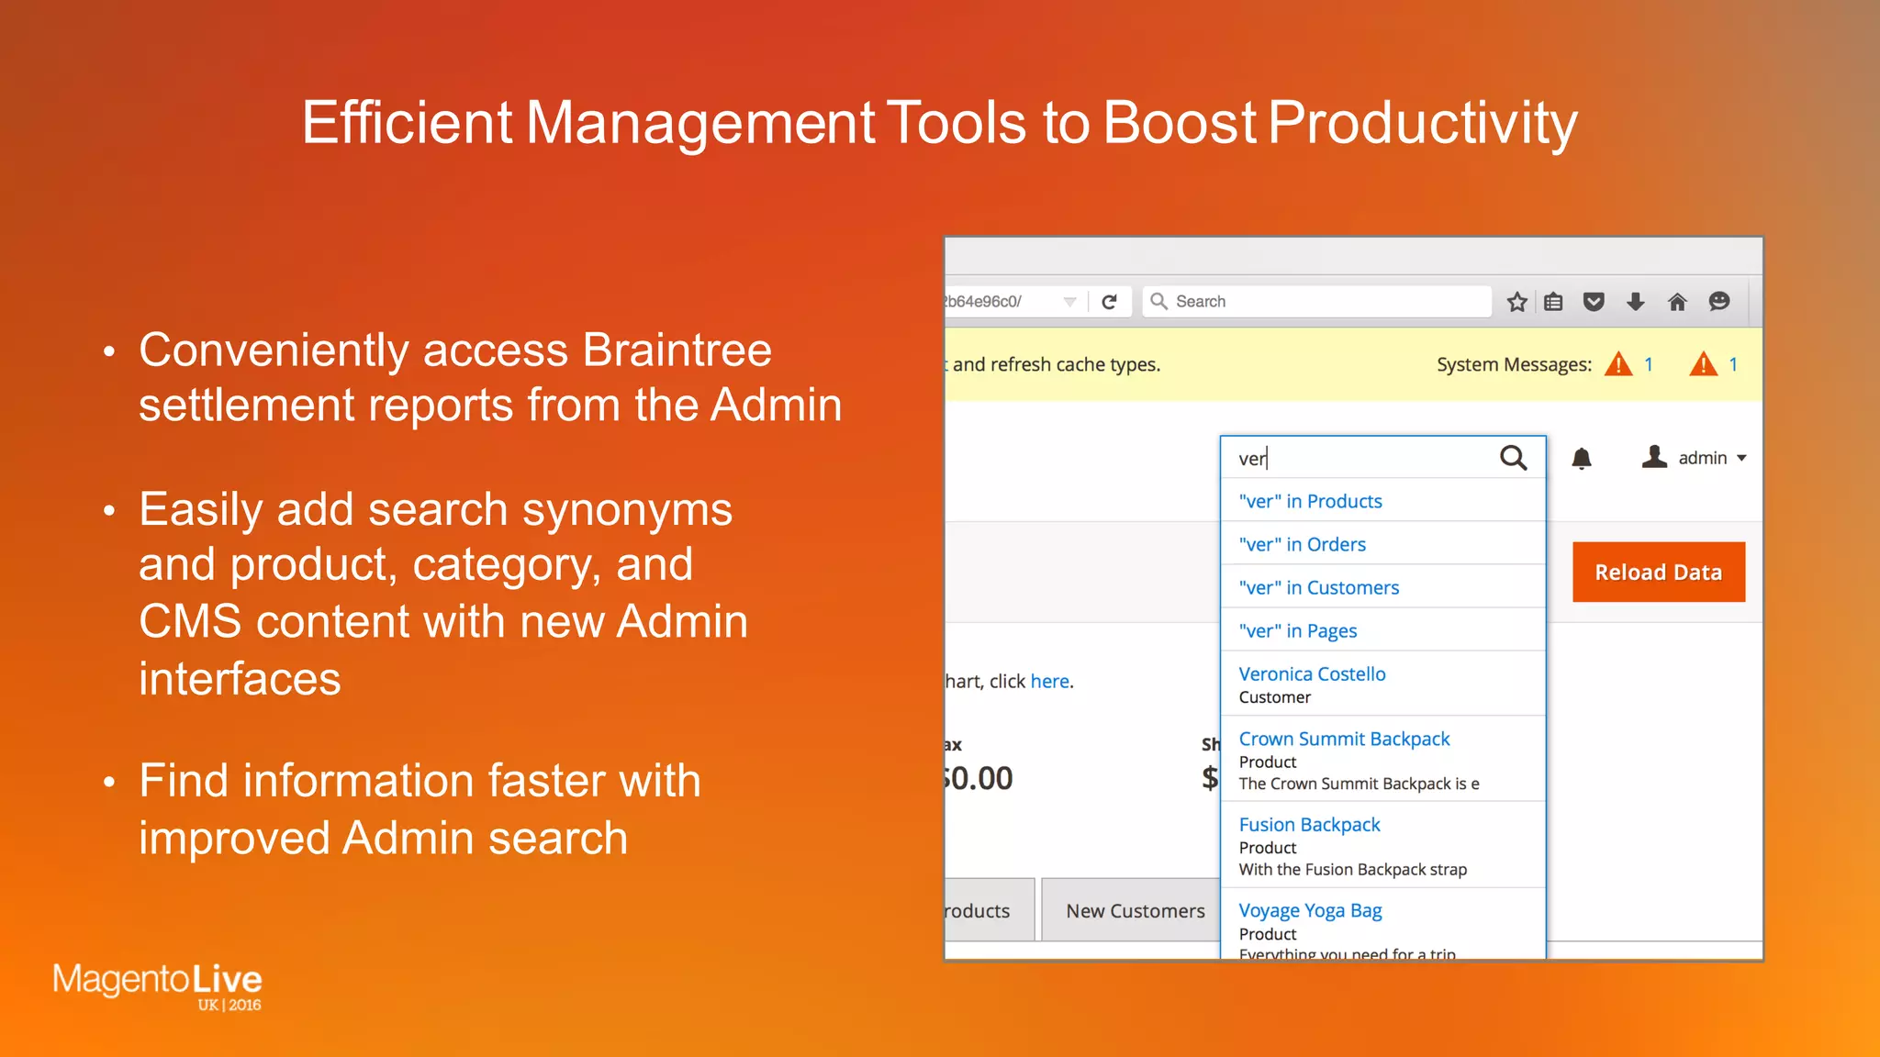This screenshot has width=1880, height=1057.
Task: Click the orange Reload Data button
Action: point(1658,572)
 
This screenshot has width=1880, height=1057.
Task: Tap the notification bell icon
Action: point(1581,458)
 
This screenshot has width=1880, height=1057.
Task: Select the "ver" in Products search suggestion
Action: point(1310,501)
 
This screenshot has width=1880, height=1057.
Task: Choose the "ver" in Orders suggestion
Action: point(1302,544)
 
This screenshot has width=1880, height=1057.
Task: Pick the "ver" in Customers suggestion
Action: point(1318,587)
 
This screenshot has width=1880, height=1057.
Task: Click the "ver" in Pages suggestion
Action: point(1297,630)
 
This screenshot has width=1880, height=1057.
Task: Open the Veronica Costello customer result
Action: point(1312,673)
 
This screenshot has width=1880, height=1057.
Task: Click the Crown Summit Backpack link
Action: point(1344,739)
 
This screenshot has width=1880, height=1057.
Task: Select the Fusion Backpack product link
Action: point(1309,824)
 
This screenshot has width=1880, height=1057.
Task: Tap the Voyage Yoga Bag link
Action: point(1310,910)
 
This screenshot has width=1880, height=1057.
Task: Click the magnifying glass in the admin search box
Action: point(1513,457)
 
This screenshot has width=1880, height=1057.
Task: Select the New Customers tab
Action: point(1135,910)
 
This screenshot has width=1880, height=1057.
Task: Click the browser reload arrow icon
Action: point(1109,301)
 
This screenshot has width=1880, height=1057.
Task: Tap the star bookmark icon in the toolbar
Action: point(1516,301)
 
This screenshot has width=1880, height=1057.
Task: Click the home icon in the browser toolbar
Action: point(1677,301)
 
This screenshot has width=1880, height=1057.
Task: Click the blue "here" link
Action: point(1049,681)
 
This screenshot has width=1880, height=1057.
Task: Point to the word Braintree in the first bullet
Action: point(677,350)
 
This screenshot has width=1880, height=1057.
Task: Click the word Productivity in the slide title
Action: point(1422,122)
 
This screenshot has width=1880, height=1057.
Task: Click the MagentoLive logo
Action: point(157,984)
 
